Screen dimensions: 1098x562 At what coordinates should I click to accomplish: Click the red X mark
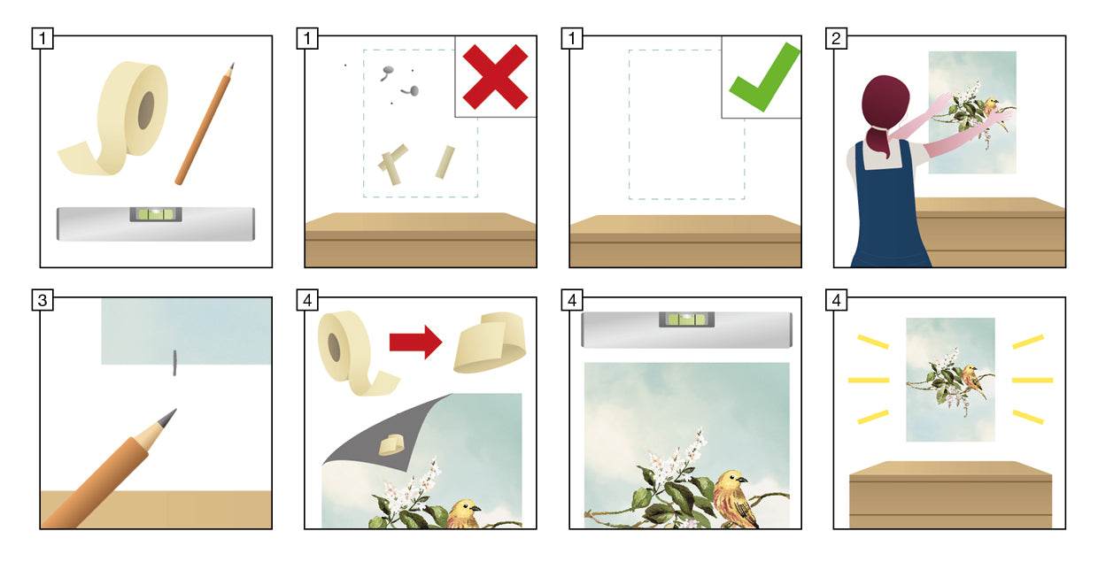495,76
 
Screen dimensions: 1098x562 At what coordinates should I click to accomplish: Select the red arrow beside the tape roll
415,342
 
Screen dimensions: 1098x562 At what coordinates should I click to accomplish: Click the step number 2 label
836,38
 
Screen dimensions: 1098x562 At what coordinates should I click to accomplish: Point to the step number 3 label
43,300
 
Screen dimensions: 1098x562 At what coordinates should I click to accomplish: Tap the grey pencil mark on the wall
174,363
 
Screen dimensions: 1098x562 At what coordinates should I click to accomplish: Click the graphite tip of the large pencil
168,417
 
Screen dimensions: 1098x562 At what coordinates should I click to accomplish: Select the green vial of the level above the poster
686,319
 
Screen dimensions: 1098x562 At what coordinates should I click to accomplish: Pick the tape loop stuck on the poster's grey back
391,444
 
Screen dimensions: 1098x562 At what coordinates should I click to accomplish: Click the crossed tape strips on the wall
392,164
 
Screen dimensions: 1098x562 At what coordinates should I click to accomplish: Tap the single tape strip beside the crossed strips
445,162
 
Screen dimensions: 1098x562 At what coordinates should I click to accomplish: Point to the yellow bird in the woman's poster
991,108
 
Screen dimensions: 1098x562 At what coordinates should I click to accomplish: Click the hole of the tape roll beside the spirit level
145,110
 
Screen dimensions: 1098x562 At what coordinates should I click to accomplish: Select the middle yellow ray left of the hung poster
868,381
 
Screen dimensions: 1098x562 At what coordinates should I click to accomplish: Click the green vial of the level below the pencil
156,214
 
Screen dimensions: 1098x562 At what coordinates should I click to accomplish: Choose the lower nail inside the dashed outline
410,90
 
